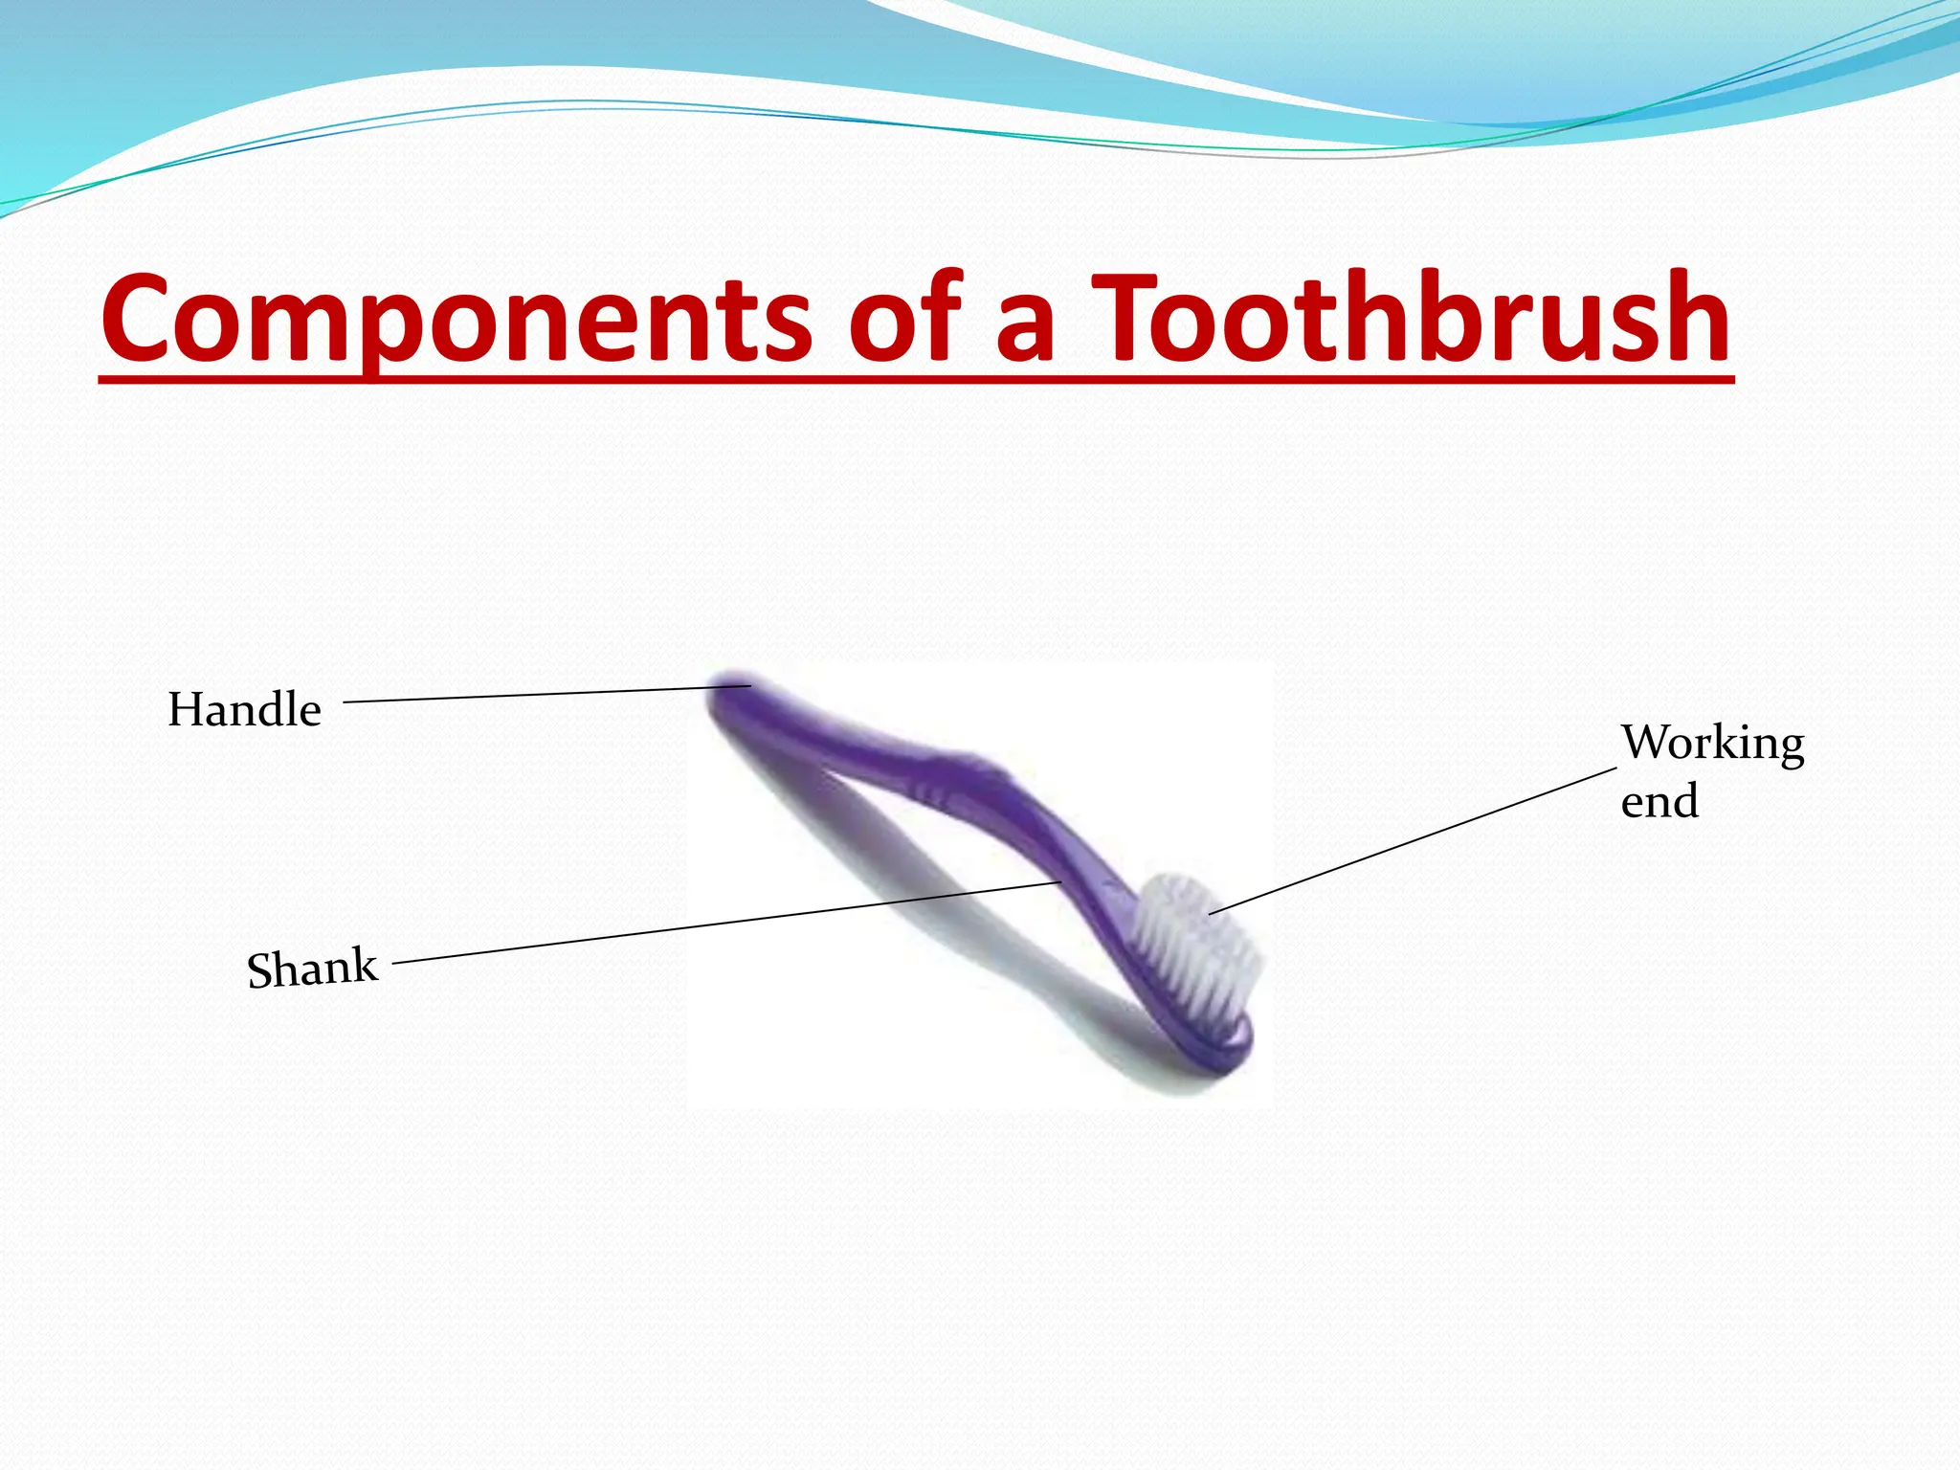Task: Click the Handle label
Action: coord(244,710)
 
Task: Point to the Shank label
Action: coord(312,968)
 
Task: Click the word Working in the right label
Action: coord(1712,744)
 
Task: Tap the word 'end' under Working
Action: coord(1659,801)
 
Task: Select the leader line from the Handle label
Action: coord(546,695)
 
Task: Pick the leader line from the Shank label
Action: coord(727,922)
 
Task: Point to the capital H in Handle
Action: coord(185,710)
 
